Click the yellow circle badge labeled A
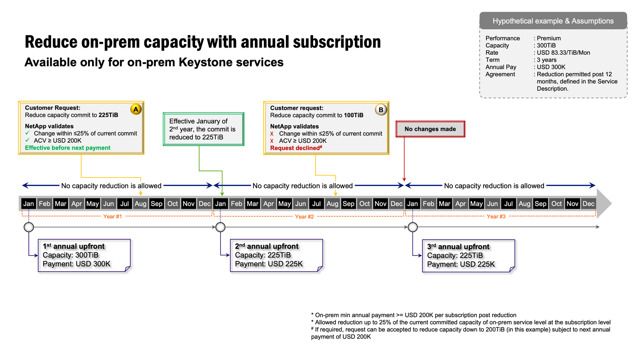136,109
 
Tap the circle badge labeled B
381,110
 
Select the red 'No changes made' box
430,129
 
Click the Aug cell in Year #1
140,204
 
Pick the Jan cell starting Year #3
412,204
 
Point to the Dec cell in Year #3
588,204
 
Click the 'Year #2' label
304,216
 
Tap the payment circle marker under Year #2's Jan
220,227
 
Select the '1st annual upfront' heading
74,246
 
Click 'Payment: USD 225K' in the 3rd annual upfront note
461,264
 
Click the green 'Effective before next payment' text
68,148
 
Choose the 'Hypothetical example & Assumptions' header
553,21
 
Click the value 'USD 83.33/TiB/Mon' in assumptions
563,52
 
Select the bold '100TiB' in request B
354,115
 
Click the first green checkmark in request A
28,133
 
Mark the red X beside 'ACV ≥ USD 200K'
272,141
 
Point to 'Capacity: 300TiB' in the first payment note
70,255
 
